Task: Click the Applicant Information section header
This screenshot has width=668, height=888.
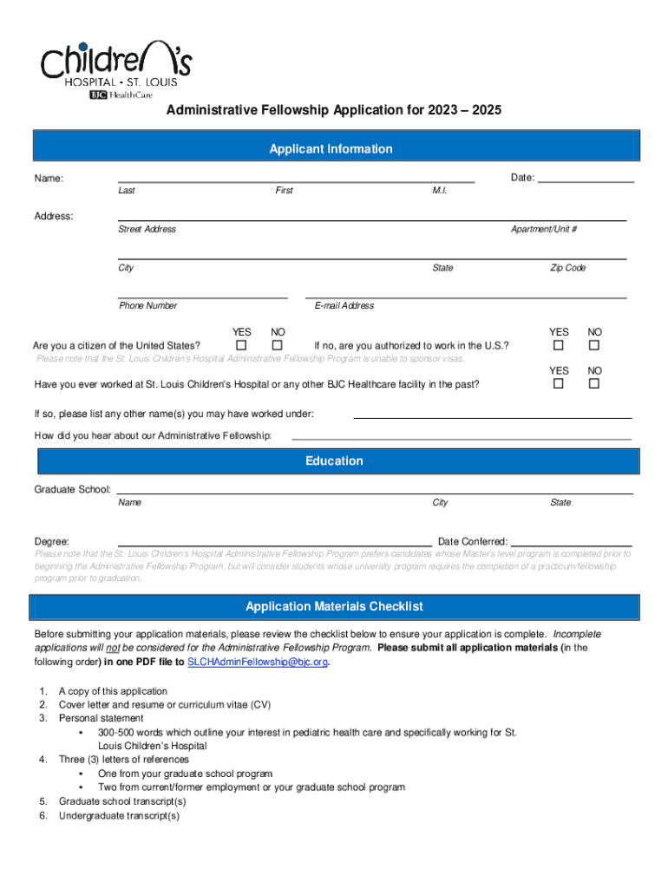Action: (x=334, y=149)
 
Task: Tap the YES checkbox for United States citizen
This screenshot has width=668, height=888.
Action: (x=242, y=346)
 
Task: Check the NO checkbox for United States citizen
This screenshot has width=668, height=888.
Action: (x=278, y=346)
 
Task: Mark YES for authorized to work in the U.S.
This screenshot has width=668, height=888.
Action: (x=560, y=346)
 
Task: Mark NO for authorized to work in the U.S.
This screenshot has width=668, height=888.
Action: (x=594, y=346)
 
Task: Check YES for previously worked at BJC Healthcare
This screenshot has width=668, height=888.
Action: (x=560, y=383)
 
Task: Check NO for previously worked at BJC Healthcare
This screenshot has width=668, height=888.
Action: (x=594, y=383)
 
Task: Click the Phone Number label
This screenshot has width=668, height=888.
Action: (x=147, y=305)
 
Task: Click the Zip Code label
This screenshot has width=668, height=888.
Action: (x=567, y=268)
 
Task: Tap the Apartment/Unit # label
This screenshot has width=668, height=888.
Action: (x=544, y=229)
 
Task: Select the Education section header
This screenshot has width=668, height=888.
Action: (x=334, y=461)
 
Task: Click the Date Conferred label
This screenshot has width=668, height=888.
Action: (x=473, y=541)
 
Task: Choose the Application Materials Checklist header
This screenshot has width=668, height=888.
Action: (x=334, y=607)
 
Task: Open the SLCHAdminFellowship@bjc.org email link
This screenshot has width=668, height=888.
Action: (x=258, y=662)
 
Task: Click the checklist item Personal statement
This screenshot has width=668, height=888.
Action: (x=101, y=718)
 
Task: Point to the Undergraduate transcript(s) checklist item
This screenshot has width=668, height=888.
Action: (x=119, y=815)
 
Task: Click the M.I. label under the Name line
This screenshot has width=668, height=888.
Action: (x=440, y=191)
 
